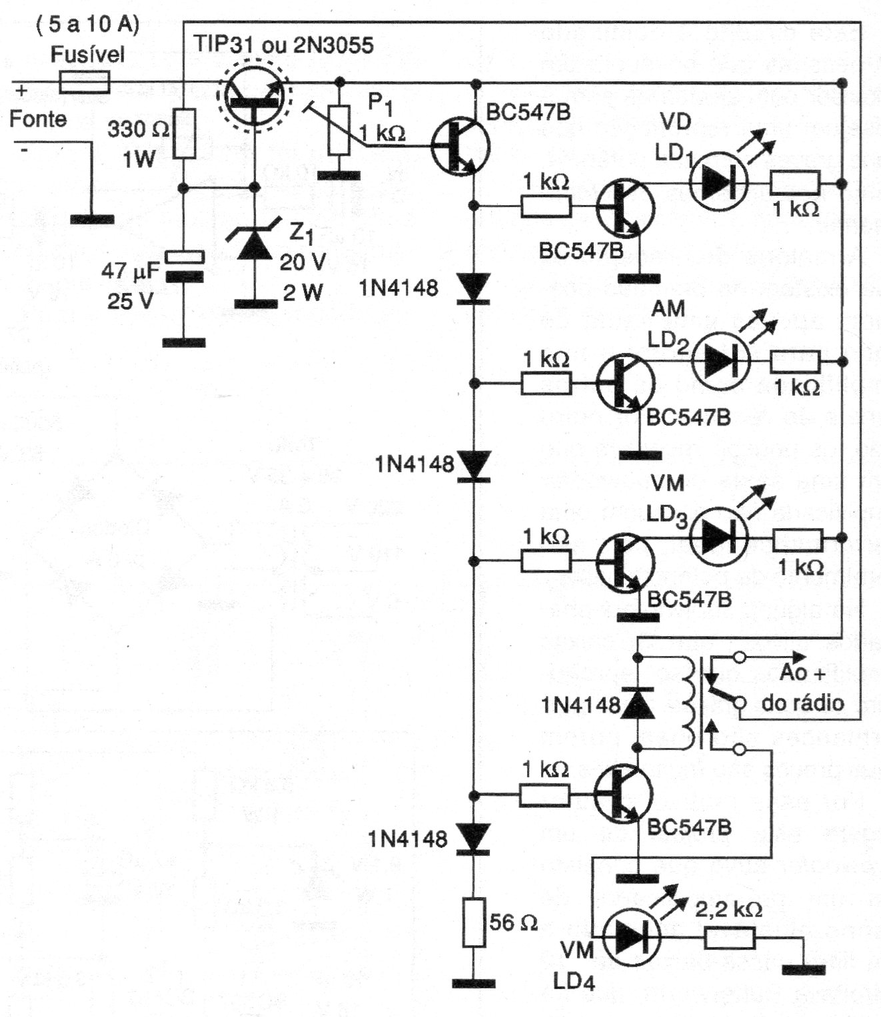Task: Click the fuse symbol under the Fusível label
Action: coord(85,83)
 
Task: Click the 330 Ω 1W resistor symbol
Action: coord(185,133)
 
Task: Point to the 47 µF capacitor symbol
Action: coord(184,266)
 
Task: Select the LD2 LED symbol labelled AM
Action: coord(720,361)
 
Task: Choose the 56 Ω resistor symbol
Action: coord(474,922)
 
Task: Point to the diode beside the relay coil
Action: coord(637,703)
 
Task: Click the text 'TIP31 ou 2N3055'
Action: coord(284,45)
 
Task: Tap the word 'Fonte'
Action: coord(38,119)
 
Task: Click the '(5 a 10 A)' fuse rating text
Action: coord(87,25)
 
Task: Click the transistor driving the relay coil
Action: coord(623,793)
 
